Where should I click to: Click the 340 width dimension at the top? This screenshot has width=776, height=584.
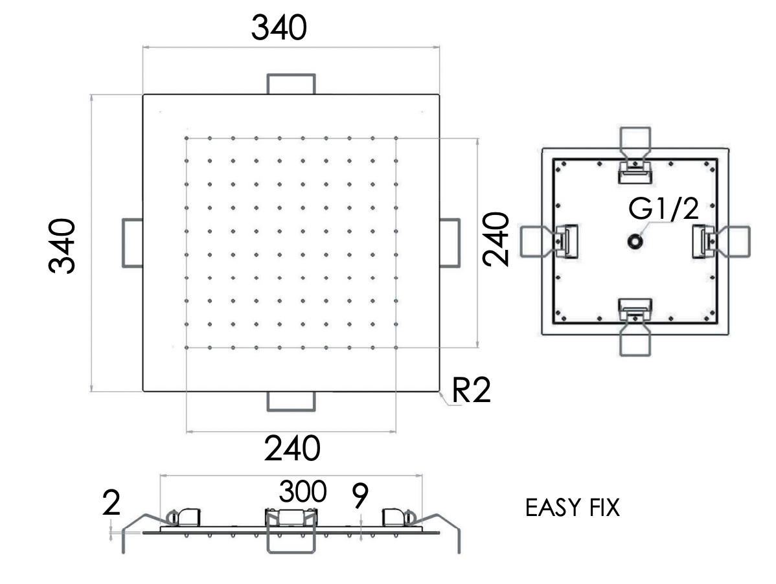tap(279, 28)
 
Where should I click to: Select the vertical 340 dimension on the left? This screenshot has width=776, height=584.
tap(64, 246)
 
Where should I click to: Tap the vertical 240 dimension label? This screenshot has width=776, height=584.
tap(497, 239)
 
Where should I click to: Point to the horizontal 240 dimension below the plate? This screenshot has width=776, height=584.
tap(292, 448)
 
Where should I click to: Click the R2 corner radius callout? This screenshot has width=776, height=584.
tap(471, 390)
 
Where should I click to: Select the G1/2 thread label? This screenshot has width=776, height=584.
tap(664, 209)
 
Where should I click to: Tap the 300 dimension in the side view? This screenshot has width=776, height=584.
tap(302, 492)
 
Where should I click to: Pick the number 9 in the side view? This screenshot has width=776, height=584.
tap(359, 497)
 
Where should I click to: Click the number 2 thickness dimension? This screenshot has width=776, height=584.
tap(111, 504)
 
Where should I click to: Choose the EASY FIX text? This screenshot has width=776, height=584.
tap(572, 508)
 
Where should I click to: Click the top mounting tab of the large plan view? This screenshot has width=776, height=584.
tap(291, 84)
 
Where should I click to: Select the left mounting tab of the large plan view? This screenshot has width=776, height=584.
tap(133, 243)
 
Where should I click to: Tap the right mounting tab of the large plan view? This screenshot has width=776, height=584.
tap(450, 241)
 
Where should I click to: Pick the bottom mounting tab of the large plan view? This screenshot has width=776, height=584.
tap(291, 401)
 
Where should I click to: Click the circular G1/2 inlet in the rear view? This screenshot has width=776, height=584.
tap(633, 241)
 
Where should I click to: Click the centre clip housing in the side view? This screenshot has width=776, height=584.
tap(292, 517)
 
